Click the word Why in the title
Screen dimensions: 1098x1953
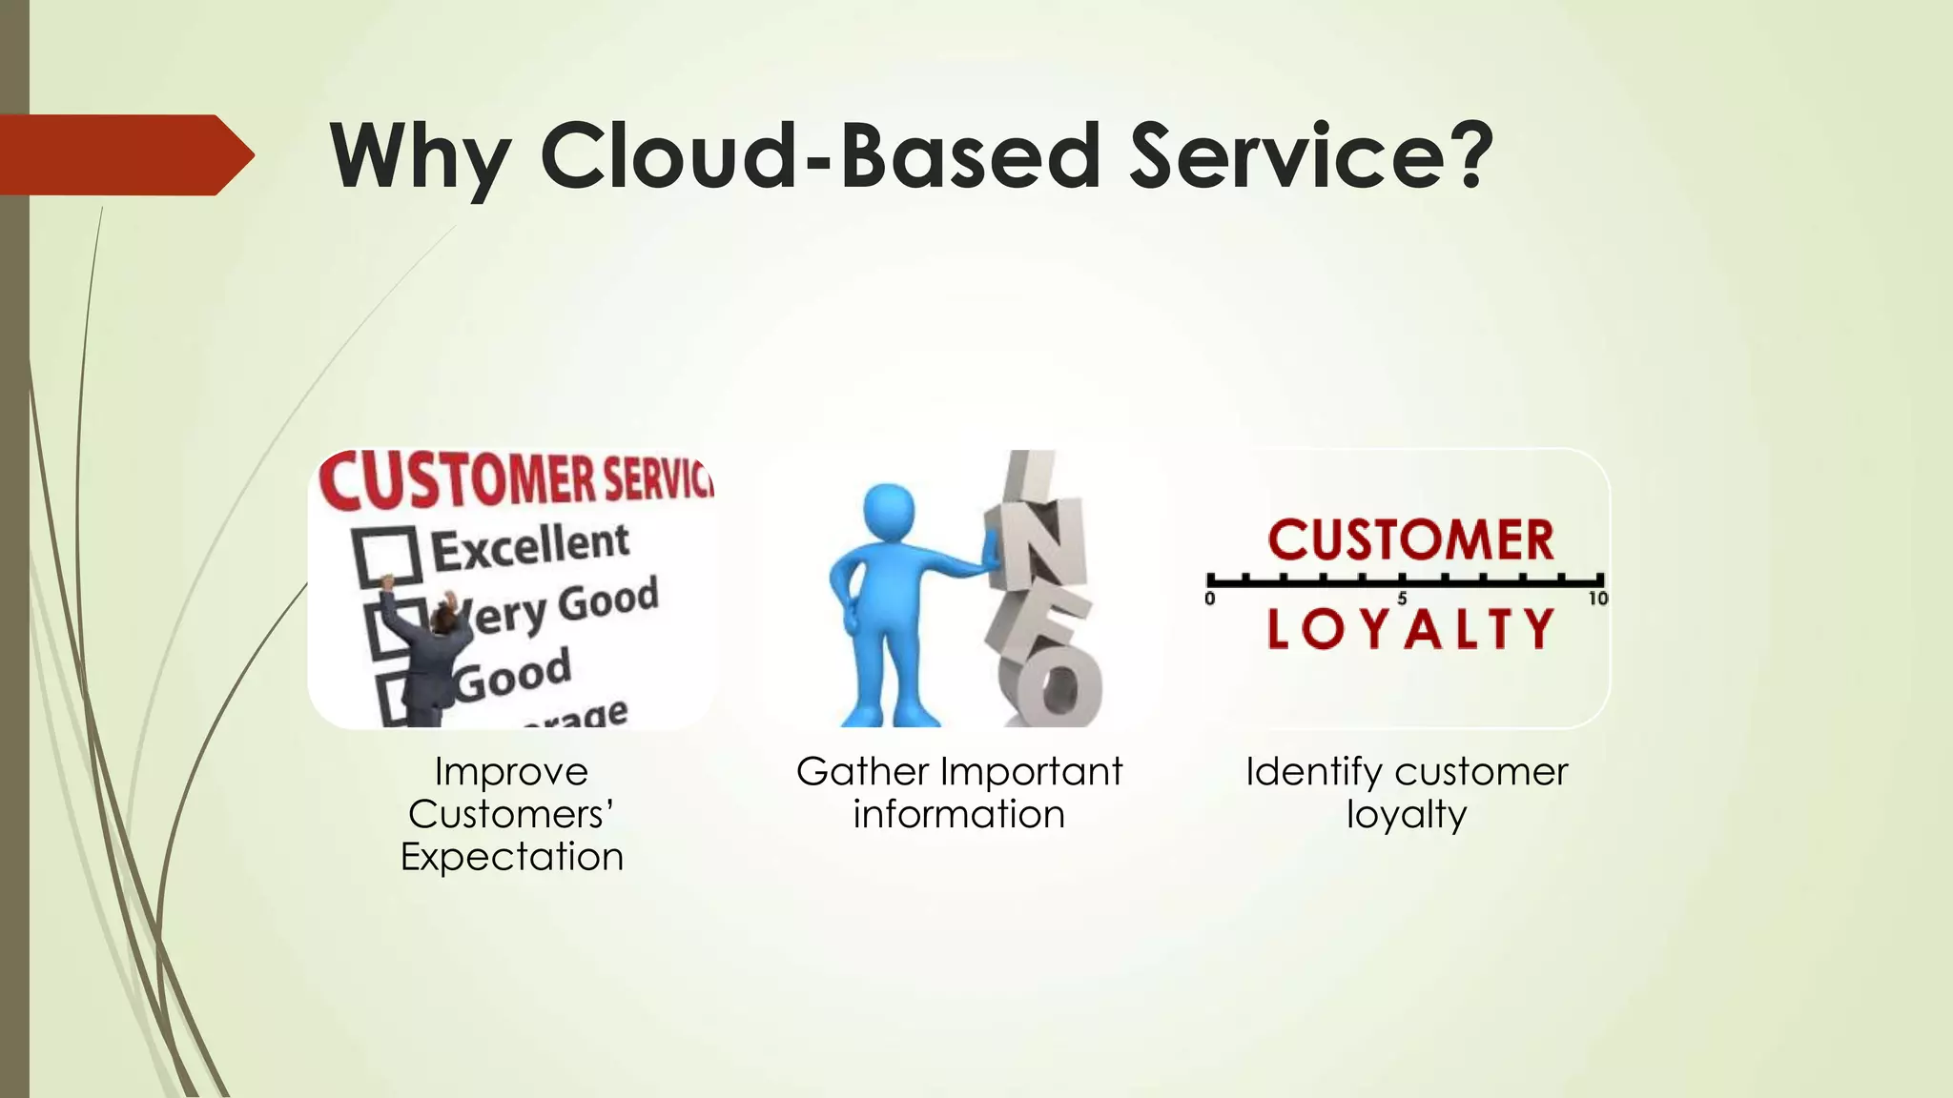pos(420,157)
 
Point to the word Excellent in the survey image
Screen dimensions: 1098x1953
pos(530,547)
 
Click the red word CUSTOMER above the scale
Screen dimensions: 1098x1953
pos(1410,540)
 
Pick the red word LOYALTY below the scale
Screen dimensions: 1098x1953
pos(1410,630)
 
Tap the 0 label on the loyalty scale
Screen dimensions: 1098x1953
pos(1210,600)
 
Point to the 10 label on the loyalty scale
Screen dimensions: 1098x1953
pos(1597,600)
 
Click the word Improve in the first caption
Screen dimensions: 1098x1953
pos(511,772)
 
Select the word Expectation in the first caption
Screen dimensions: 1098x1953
pos(511,857)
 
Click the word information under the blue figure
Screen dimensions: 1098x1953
pos(958,815)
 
